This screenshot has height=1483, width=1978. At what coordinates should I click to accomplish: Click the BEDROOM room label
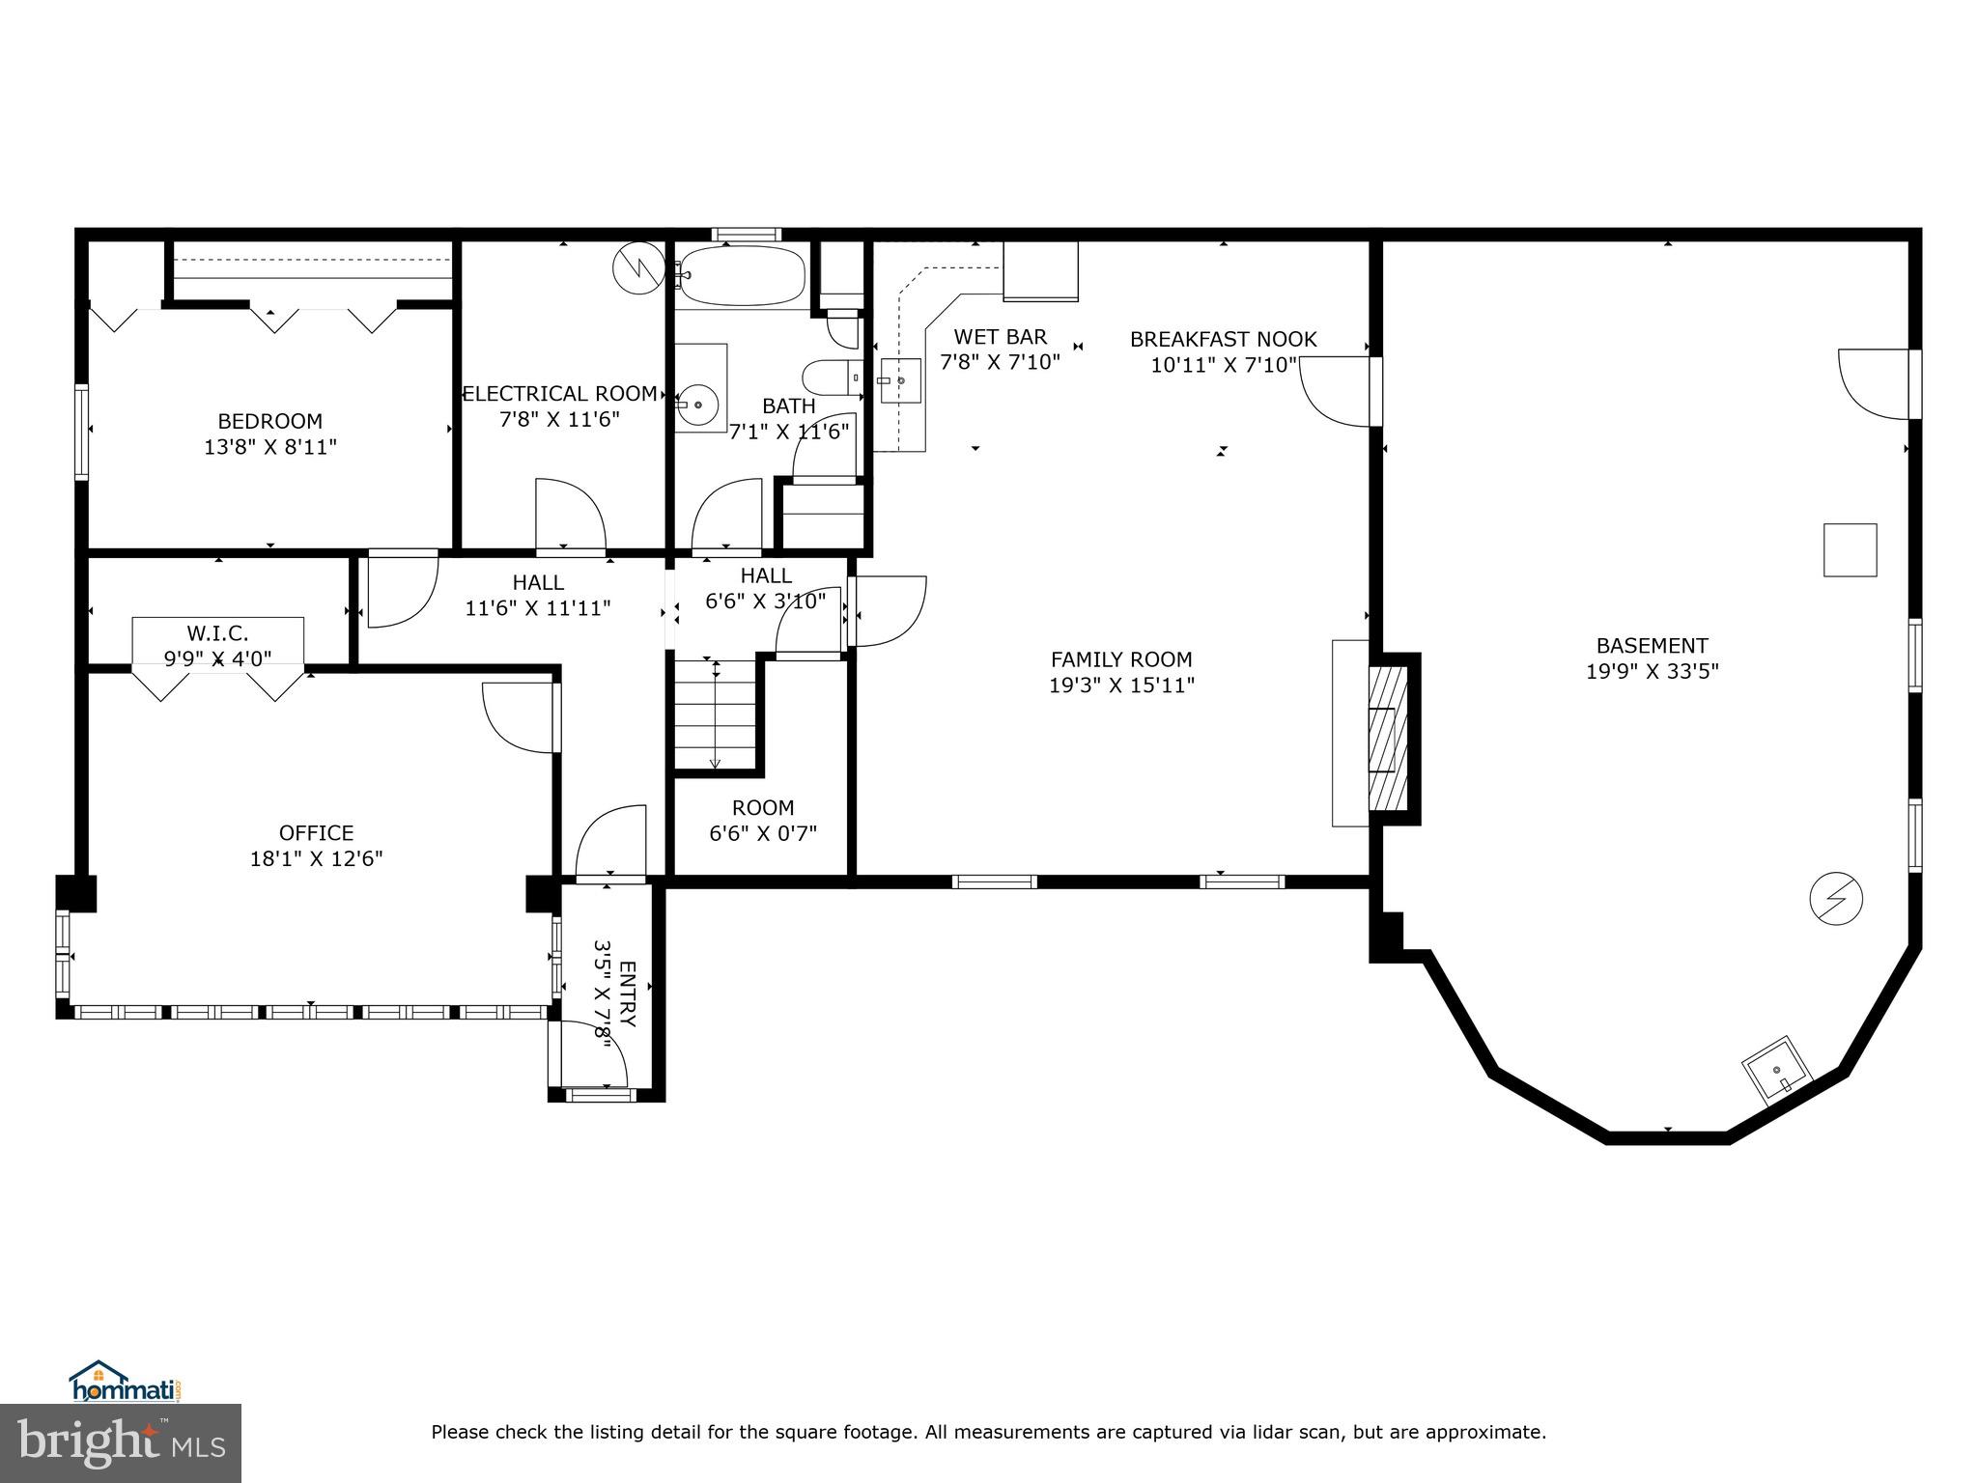point(269,422)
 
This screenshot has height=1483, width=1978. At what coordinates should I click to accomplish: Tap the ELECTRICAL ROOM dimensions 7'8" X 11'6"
point(559,420)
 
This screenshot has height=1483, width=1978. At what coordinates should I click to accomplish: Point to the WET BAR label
point(1000,337)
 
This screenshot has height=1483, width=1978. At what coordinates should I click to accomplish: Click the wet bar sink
point(899,381)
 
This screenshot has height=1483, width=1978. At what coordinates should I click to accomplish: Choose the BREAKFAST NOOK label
point(1223,340)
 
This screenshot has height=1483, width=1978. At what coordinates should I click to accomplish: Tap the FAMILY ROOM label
point(1121,659)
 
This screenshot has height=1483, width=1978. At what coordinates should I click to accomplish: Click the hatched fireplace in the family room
point(1388,739)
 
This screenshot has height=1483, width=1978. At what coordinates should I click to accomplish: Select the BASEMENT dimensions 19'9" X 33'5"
point(1652,671)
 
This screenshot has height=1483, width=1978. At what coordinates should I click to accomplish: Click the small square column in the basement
point(1850,550)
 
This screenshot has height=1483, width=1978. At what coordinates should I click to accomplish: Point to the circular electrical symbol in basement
point(1835,899)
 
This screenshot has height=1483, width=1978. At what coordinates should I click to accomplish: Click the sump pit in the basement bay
point(1776,1070)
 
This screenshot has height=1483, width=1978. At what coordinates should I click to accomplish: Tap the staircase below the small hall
point(715,714)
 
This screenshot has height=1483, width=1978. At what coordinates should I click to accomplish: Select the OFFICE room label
point(316,833)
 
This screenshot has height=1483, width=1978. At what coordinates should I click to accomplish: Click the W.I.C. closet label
point(217,633)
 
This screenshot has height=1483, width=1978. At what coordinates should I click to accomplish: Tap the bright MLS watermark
point(121,1442)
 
